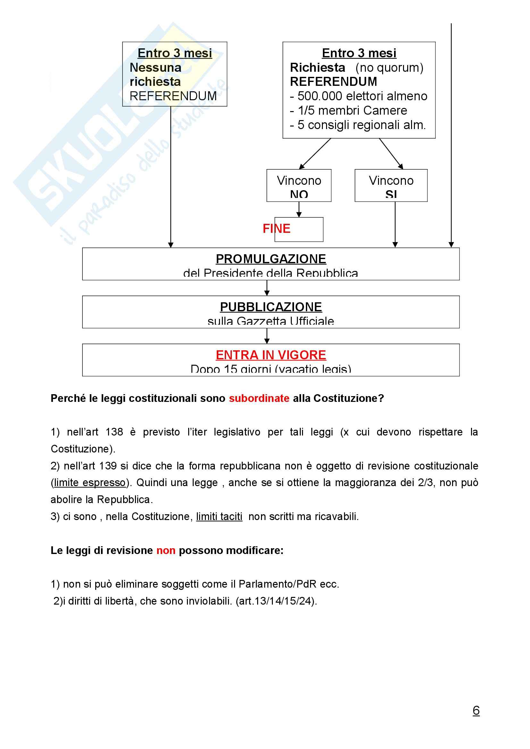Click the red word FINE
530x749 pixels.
[276, 229]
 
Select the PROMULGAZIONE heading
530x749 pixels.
[271, 259]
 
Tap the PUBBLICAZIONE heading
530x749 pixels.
[271, 307]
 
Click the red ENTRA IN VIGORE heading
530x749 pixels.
[271, 355]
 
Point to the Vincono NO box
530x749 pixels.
[299, 185]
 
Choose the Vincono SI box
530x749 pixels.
[391, 185]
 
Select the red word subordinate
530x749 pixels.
[259, 398]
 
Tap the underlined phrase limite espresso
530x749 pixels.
[90, 483]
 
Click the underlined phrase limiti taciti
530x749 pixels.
[219, 517]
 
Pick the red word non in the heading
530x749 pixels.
[166, 550]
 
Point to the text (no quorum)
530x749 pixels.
[389, 68]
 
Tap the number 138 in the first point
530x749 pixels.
[114, 432]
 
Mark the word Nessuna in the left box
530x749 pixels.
[156, 68]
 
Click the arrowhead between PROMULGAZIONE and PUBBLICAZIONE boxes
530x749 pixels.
[267, 293]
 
